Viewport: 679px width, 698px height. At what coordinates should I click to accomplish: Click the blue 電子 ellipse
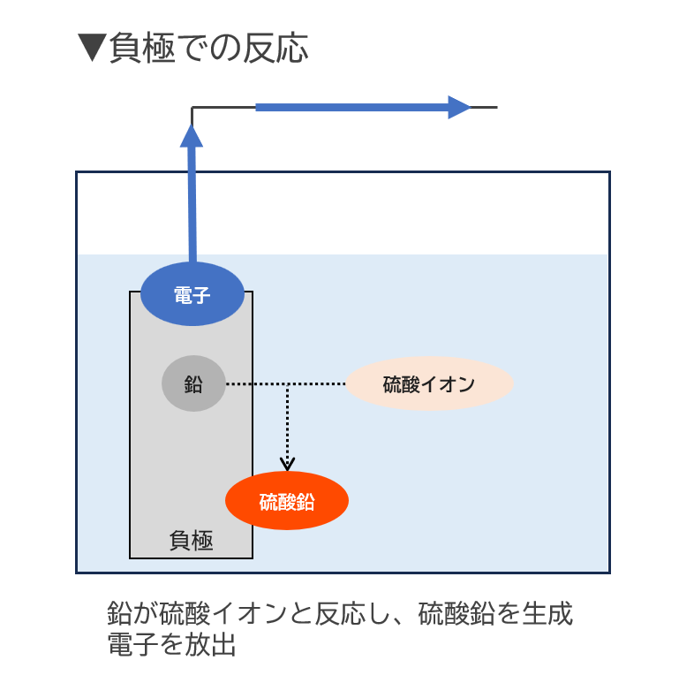coord(192,294)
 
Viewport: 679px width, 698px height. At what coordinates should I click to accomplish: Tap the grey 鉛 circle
coord(192,385)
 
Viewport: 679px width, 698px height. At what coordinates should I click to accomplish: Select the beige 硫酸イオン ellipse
coord(429,384)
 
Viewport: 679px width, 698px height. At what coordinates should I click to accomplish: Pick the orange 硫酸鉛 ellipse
coord(287,502)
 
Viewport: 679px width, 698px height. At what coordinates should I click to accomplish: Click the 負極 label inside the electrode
coord(191,540)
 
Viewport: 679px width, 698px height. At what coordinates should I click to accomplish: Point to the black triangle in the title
coord(91,48)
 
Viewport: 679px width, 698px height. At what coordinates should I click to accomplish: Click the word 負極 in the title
coord(141,48)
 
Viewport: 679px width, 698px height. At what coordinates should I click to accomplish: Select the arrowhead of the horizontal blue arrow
coord(460,108)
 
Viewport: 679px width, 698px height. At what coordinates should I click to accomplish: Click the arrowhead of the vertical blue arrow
coord(192,134)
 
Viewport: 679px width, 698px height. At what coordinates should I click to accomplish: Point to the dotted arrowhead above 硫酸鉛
coord(287,462)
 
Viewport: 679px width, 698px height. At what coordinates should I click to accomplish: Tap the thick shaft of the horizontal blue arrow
coord(353,108)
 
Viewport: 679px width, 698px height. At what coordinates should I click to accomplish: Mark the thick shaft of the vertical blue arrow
coord(192,203)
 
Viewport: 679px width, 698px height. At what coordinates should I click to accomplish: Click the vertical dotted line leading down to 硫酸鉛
coord(287,424)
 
